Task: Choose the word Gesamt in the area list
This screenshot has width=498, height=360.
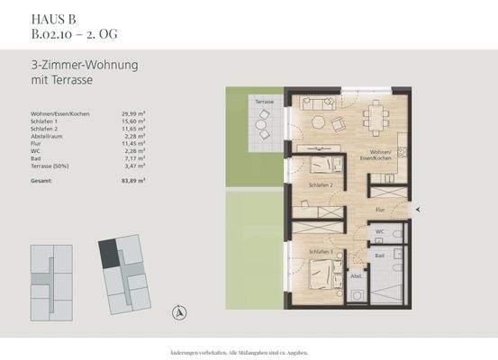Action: [x=41, y=181]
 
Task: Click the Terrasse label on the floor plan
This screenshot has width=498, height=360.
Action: [x=264, y=103]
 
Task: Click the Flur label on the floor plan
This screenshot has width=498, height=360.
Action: [x=381, y=209]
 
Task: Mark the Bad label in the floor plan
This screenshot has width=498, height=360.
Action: [x=381, y=256]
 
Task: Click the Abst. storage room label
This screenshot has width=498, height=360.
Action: [x=356, y=276]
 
